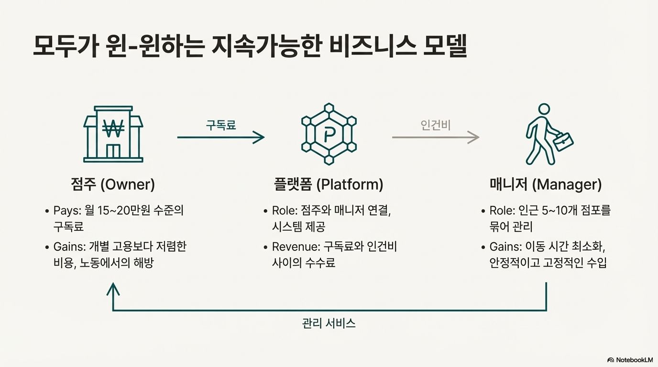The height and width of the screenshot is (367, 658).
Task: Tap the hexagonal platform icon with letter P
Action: pos(329,134)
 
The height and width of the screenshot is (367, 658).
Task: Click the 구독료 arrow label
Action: pos(221,125)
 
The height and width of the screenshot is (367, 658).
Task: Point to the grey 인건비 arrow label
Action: pos(436,125)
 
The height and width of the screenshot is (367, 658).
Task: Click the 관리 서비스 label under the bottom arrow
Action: pos(329,323)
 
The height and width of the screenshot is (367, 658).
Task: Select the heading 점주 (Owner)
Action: pos(113,184)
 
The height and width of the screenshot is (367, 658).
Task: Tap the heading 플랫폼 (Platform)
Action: pos(329,184)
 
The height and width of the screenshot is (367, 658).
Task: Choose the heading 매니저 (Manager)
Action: pos(546,184)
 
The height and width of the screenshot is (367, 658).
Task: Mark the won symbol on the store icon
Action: pos(113,128)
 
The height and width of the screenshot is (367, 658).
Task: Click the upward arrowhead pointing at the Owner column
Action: pos(113,289)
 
